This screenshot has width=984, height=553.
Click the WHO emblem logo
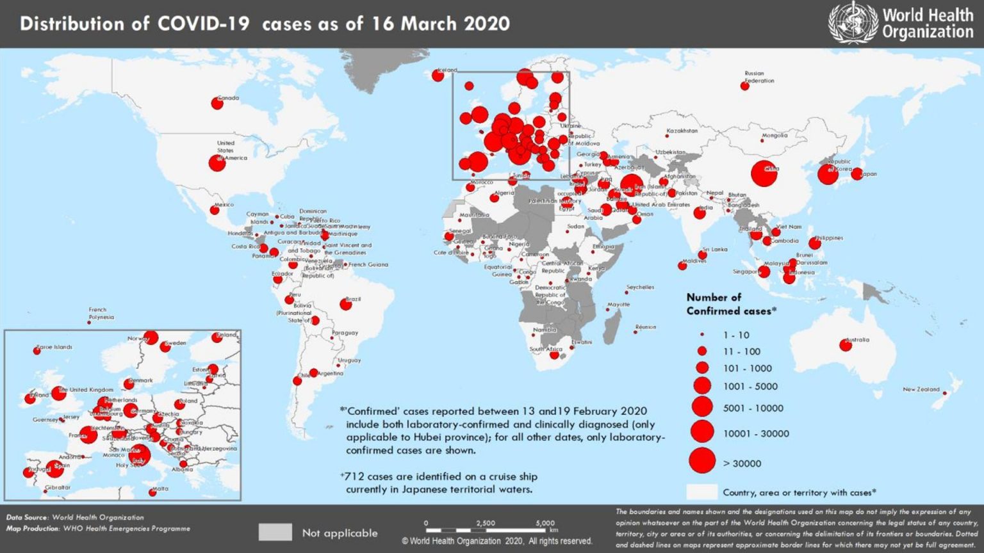click(853, 23)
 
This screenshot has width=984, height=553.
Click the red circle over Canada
click(217, 103)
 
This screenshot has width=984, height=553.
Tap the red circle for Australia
click(846, 346)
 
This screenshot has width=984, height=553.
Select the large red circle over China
click(764, 173)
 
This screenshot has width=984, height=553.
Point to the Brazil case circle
click(345, 305)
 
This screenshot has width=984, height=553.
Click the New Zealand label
click(921, 389)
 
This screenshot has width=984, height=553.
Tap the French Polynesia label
click(101, 313)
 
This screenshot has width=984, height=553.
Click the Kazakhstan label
click(682, 131)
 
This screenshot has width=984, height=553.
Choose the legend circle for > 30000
click(702, 460)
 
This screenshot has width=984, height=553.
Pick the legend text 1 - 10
click(735, 335)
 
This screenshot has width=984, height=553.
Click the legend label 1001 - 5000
click(750, 386)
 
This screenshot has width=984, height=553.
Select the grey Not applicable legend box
click(275, 532)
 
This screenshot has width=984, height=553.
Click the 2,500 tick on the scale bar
click(485, 524)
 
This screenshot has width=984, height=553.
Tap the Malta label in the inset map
click(160, 488)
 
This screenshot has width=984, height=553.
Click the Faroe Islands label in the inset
click(54, 347)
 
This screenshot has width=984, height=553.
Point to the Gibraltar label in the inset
click(58, 488)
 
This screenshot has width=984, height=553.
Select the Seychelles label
click(640, 287)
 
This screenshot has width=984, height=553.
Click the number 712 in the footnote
click(354, 476)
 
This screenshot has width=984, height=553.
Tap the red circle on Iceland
click(438, 76)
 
